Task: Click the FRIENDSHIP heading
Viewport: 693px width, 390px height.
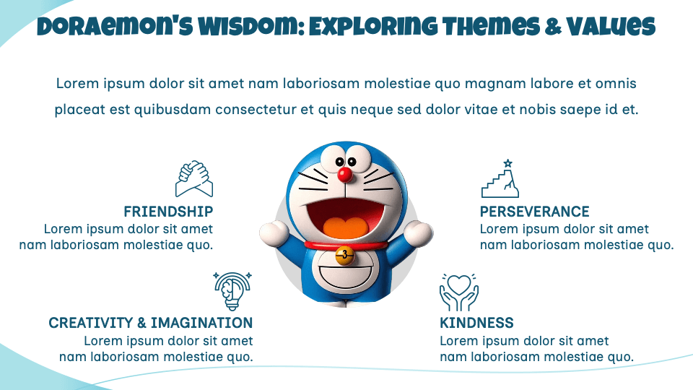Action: click(x=168, y=212)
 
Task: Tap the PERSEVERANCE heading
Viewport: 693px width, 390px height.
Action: click(x=534, y=212)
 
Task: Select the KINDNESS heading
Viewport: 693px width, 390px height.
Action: click(x=476, y=323)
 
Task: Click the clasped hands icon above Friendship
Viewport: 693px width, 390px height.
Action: click(x=194, y=178)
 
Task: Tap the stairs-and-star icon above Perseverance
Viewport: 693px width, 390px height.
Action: click(x=500, y=179)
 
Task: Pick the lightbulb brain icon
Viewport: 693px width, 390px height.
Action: click(x=232, y=290)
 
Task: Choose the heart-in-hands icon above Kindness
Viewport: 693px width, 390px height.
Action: click(x=459, y=291)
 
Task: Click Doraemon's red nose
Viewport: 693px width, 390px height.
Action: click(x=345, y=174)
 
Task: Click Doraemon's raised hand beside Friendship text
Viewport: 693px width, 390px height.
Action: click(x=274, y=233)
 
